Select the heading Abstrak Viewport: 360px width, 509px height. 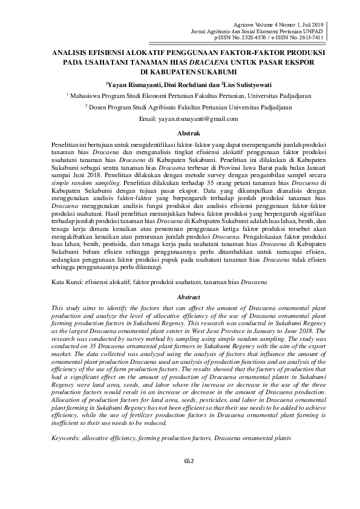coord(188,132)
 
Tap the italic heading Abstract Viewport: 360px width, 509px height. coord(188,297)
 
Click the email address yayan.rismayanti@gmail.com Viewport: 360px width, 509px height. coord(192,118)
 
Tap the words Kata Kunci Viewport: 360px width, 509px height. coord(65,282)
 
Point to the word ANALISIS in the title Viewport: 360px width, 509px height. coord(68,52)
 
